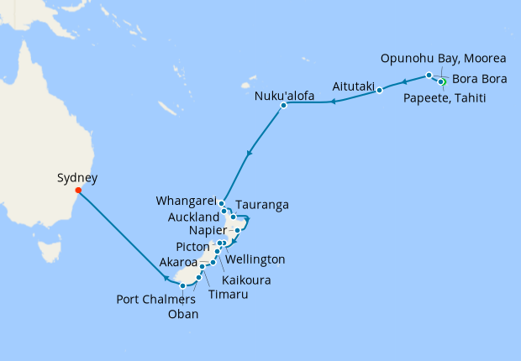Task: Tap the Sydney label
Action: point(77,178)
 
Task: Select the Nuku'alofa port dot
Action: point(284,105)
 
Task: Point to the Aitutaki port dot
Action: point(380,90)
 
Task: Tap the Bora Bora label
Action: point(480,80)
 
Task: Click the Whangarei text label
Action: point(187,201)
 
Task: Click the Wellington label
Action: point(255,259)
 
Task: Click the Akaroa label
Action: point(180,262)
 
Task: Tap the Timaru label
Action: point(229,294)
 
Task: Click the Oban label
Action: point(184,315)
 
